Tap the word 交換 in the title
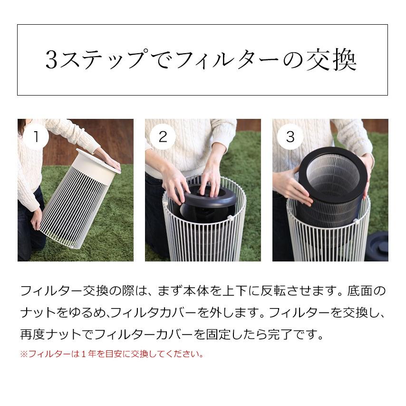click(x=332, y=60)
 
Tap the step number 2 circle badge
click(x=163, y=137)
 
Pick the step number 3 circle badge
click(x=290, y=137)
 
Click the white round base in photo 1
click(x=97, y=160)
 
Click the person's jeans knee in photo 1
click(x=29, y=238)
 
